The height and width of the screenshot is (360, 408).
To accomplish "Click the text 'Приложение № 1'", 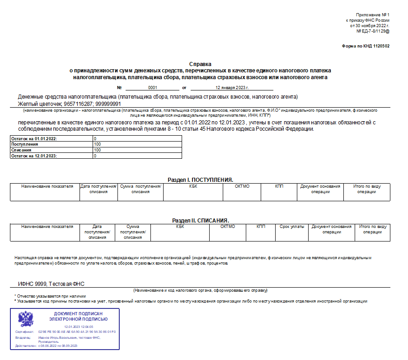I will pyautogui.click(x=372, y=15).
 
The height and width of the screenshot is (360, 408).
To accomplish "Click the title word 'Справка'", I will pyautogui.click(x=200, y=64).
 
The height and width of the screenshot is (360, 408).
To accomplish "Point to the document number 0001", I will pyautogui.click(x=152, y=87).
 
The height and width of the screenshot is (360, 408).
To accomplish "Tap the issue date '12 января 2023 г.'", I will pyautogui.click(x=232, y=87).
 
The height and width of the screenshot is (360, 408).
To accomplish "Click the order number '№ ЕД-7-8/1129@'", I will pyautogui.click(x=373, y=31).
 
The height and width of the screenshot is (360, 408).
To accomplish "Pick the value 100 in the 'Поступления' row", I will pyautogui.click(x=98, y=144).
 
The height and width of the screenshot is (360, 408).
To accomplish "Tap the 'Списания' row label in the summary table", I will pyautogui.click(x=21, y=150).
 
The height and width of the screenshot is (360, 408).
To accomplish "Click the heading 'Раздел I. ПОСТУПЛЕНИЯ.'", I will pyautogui.click(x=200, y=180).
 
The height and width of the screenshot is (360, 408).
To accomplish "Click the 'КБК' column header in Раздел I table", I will pyautogui.click(x=193, y=186).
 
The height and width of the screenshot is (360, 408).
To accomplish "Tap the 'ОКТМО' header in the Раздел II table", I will pyautogui.click(x=228, y=227).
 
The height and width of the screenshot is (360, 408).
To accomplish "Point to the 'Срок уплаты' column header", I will pyautogui.click(x=292, y=227).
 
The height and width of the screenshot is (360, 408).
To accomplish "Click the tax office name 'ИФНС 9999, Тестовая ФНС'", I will pyautogui.click(x=52, y=284).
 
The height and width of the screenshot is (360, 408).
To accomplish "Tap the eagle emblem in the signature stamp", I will pyautogui.click(x=26, y=320).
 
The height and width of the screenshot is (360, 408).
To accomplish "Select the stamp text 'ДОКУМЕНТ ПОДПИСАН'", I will pyautogui.click(x=78, y=314).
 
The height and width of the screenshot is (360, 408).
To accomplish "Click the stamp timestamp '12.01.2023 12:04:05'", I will pyautogui.click(x=79, y=327).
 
